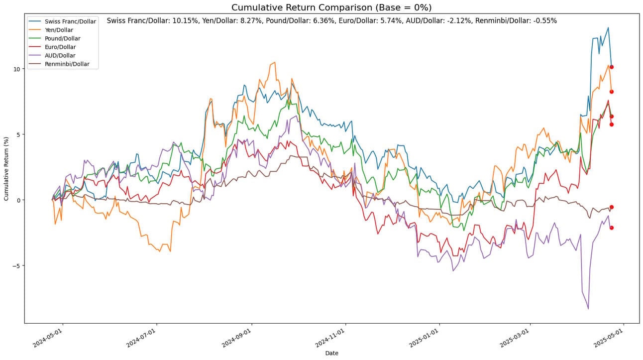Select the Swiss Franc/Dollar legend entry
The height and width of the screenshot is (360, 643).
69,21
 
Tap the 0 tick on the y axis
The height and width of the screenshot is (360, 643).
17,200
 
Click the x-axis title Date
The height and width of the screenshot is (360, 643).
331,353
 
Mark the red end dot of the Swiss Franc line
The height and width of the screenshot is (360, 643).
611,67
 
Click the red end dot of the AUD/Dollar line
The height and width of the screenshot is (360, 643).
611,228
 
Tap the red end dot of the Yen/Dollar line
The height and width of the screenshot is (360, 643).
611,92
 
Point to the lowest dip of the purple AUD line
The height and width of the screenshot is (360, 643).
588,309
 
